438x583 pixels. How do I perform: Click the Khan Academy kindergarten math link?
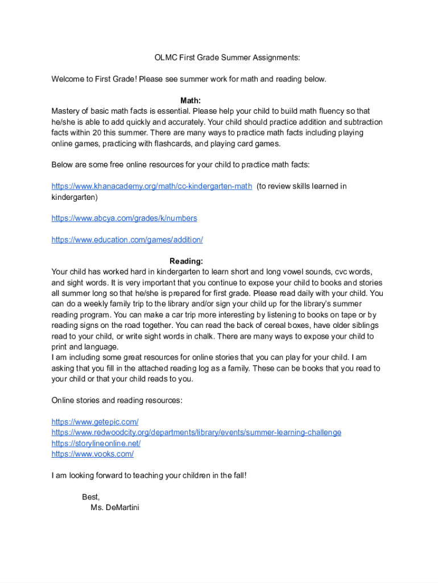151,186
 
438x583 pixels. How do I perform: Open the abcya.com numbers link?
124,218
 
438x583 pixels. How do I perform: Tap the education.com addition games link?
127,240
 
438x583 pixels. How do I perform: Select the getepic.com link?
95,422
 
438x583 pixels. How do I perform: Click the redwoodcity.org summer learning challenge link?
196,433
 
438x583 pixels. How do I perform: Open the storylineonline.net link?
96,444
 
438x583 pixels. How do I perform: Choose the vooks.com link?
93,454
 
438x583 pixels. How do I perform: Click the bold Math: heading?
191,101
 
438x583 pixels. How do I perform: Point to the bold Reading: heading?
186,261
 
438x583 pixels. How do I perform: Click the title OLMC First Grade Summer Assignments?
227,58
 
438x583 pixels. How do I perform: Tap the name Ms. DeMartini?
114,507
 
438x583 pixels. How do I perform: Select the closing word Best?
91,497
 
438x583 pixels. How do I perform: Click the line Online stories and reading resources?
117,400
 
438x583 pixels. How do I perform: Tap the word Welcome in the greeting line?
69,79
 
